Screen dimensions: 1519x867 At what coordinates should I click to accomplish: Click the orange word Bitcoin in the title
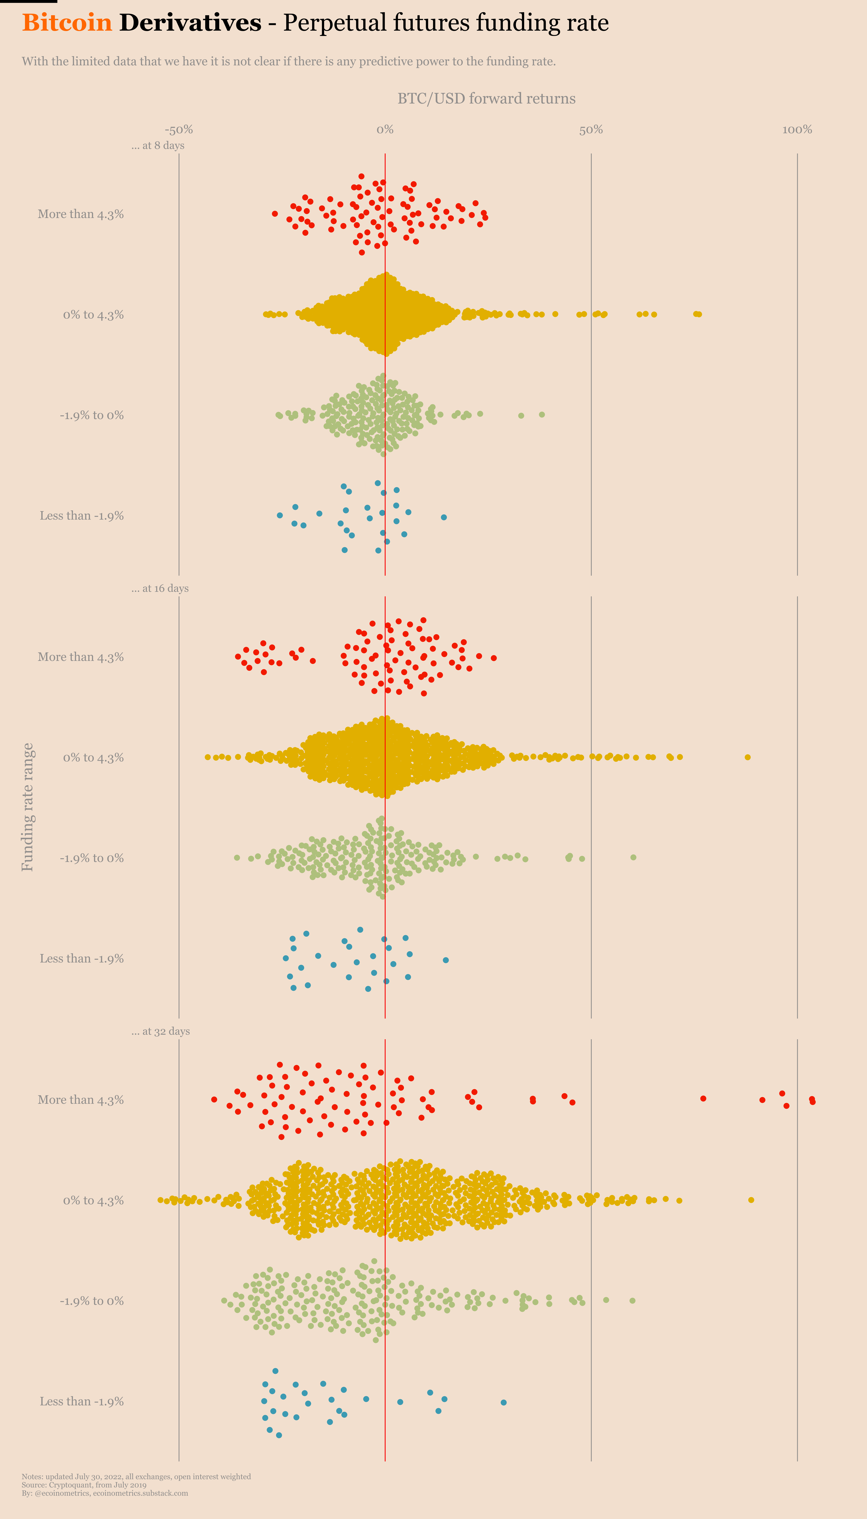(67, 23)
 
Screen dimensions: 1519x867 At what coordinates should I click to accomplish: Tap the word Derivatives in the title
(190, 23)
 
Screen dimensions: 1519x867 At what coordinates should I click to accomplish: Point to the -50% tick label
(179, 130)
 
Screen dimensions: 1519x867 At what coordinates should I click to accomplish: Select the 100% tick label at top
(797, 130)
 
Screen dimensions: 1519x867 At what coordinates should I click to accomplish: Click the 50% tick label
(591, 130)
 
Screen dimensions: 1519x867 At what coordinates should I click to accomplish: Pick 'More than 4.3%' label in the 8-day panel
(81, 214)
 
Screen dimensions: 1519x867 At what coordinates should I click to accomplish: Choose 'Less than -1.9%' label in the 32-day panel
(81, 1401)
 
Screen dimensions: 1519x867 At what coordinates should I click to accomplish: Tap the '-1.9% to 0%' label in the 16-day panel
(92, 858)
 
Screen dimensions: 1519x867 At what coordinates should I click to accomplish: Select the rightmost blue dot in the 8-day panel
(444, 517)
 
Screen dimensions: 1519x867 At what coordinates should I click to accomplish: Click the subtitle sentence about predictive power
(289, 61)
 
